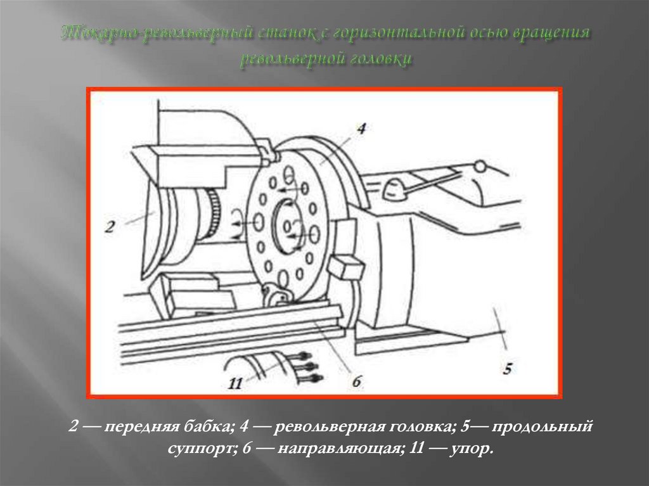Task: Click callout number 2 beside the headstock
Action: tap(109, 227)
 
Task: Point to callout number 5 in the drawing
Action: tap(506, 368)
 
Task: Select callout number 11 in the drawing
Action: tap(235, 383)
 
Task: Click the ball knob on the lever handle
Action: tap(480, 166)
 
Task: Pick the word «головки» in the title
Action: tap(382, 58)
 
